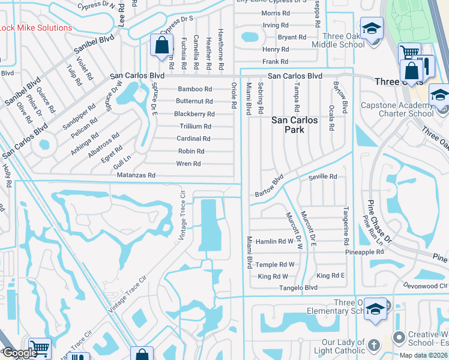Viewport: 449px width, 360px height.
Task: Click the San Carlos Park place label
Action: [x=295, y=125]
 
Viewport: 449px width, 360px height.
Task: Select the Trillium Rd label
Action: [x=195, y=127]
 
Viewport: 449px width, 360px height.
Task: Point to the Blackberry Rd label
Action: [x=194, y=114]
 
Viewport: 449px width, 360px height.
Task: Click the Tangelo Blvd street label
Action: [x=298, y=288]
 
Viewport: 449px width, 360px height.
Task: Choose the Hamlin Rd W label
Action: [x=274, y=242]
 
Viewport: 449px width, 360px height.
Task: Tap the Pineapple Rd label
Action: [x=364, y=252]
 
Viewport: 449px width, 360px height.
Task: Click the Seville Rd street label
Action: [x=322, y=177]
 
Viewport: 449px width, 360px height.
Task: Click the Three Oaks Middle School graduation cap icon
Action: [x=372, y=28]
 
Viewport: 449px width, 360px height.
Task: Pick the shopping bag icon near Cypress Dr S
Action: [x=162, y=45]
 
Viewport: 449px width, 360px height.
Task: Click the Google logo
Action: [x=19, y=353]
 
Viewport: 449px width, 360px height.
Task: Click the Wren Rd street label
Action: [x=188, y=164]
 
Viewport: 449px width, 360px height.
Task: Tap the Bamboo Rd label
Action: [x=194, y=89]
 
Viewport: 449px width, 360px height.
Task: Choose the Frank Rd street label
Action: [x=276, y=62]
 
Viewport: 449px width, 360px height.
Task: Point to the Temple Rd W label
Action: [x=274, y=265]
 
